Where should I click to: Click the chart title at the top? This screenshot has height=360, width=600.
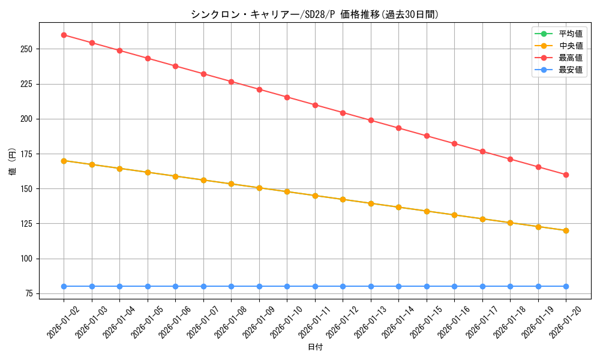(x=314, y=14)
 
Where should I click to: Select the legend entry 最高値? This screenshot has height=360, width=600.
(x=571, y=58)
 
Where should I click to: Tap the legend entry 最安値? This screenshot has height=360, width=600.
(x=571, y=70)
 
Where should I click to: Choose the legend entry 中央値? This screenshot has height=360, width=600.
(x=571, y=46)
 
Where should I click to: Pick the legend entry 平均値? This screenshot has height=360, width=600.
(x=571, y=34)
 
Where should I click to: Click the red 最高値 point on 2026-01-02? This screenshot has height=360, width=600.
(x=64, y=35)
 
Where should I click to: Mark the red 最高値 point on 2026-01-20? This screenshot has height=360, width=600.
(x=566, y=175)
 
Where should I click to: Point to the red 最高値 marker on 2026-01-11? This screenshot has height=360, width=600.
(x=315, y=105)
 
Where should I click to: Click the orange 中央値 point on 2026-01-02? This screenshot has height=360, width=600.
(x=64, y=161)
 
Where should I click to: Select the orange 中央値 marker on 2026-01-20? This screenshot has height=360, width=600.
(x=566, y=230)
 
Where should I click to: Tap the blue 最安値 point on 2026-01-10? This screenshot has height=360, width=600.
(x=287, y=286)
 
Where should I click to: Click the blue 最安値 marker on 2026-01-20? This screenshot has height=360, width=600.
(x=566, y=286)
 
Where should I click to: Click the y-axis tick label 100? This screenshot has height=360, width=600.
(x=28, y=259)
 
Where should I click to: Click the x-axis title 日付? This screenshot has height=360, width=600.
(x=315, y=347)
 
